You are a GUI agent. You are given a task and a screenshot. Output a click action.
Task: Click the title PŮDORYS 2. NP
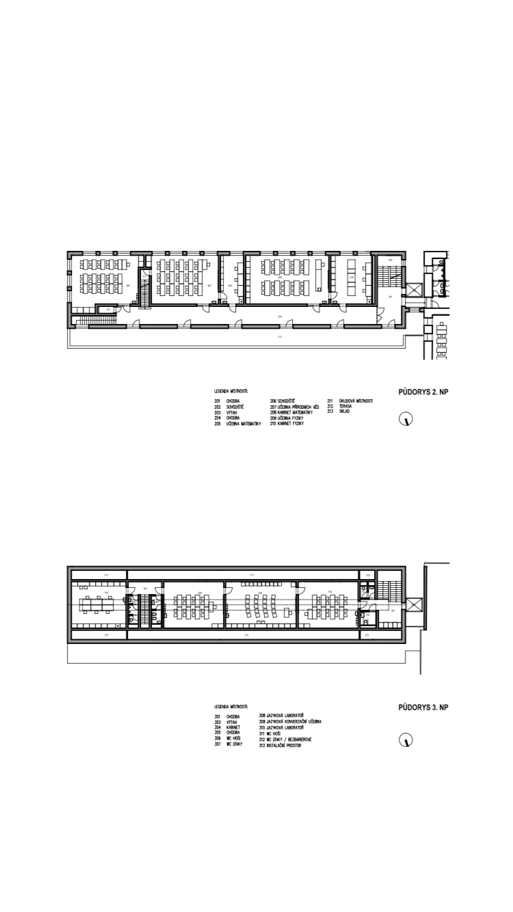click(x=423, y=392)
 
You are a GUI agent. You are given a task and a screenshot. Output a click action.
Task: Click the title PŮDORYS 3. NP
click(x=423, y=708)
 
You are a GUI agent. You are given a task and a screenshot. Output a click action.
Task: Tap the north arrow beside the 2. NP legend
click(x=406, y=420)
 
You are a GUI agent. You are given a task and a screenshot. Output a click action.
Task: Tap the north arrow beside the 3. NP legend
click(x=406, y=740)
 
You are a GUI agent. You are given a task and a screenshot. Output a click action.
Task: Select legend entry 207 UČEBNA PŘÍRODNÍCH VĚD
click(x=295, y=407)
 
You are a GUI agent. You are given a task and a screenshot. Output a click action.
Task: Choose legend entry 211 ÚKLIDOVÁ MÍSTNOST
click(x=350, y=401)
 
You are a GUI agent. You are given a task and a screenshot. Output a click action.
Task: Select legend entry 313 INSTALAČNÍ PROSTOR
click(x=280, y=745)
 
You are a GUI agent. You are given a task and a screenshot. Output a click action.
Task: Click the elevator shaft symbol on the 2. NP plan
click(x=414, y=291)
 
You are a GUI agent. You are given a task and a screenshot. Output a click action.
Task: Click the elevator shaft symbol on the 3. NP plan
click(x=414, y=605)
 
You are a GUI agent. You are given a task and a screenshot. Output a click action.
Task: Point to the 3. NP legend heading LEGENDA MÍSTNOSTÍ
click(x=231, y=706)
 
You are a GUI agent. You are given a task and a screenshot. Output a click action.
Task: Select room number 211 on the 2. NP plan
click(x=108, y=310)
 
